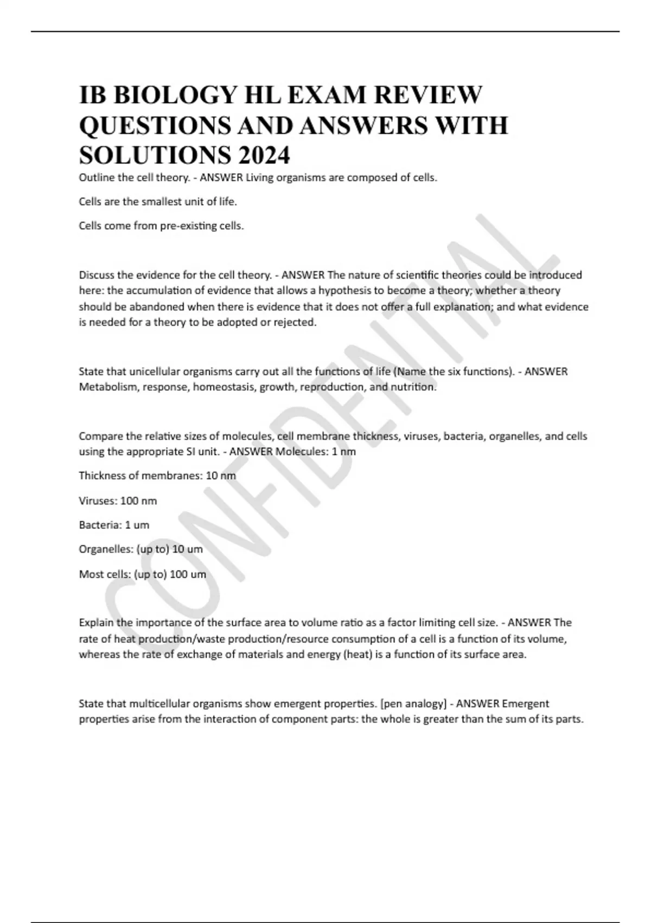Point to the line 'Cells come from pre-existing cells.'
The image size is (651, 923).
click(x=161, y=226)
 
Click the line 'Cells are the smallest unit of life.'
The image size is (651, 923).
click(x=158, y=202)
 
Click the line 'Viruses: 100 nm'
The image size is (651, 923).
click(x=118, y=501)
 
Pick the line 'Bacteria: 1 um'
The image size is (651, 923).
click(x=114, y=525)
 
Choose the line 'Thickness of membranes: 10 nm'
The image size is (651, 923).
click(x=157, y=476)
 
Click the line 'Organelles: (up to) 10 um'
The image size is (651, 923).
click(x=141, y=549)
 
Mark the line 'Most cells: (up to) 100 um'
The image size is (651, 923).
click(x=142, y=574)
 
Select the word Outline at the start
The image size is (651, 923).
click(x=96, y=178)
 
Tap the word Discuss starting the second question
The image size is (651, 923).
click(x=97, y=275)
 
